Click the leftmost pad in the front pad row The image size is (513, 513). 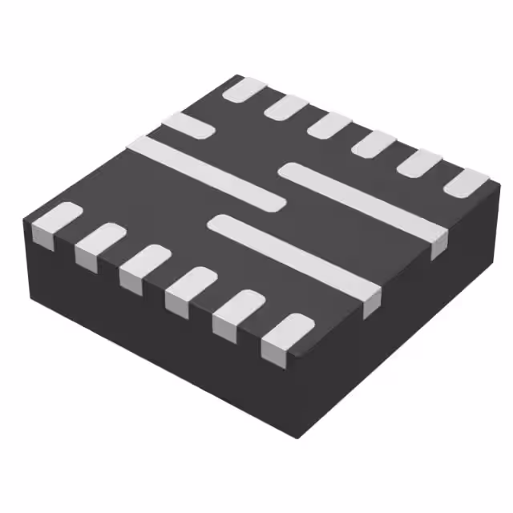pyautogui.click(x=56, y=221)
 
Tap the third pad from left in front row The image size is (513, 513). pyautogui.click(x=146, y=265)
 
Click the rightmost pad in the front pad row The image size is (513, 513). pyautogui.click(x=286, y=333)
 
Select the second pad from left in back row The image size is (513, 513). pyautogui.click(x=286, y=107)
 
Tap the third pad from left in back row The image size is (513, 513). pyautogui.click(x=329, y=125)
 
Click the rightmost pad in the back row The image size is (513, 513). pyautogui.click(x=466, y=183)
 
